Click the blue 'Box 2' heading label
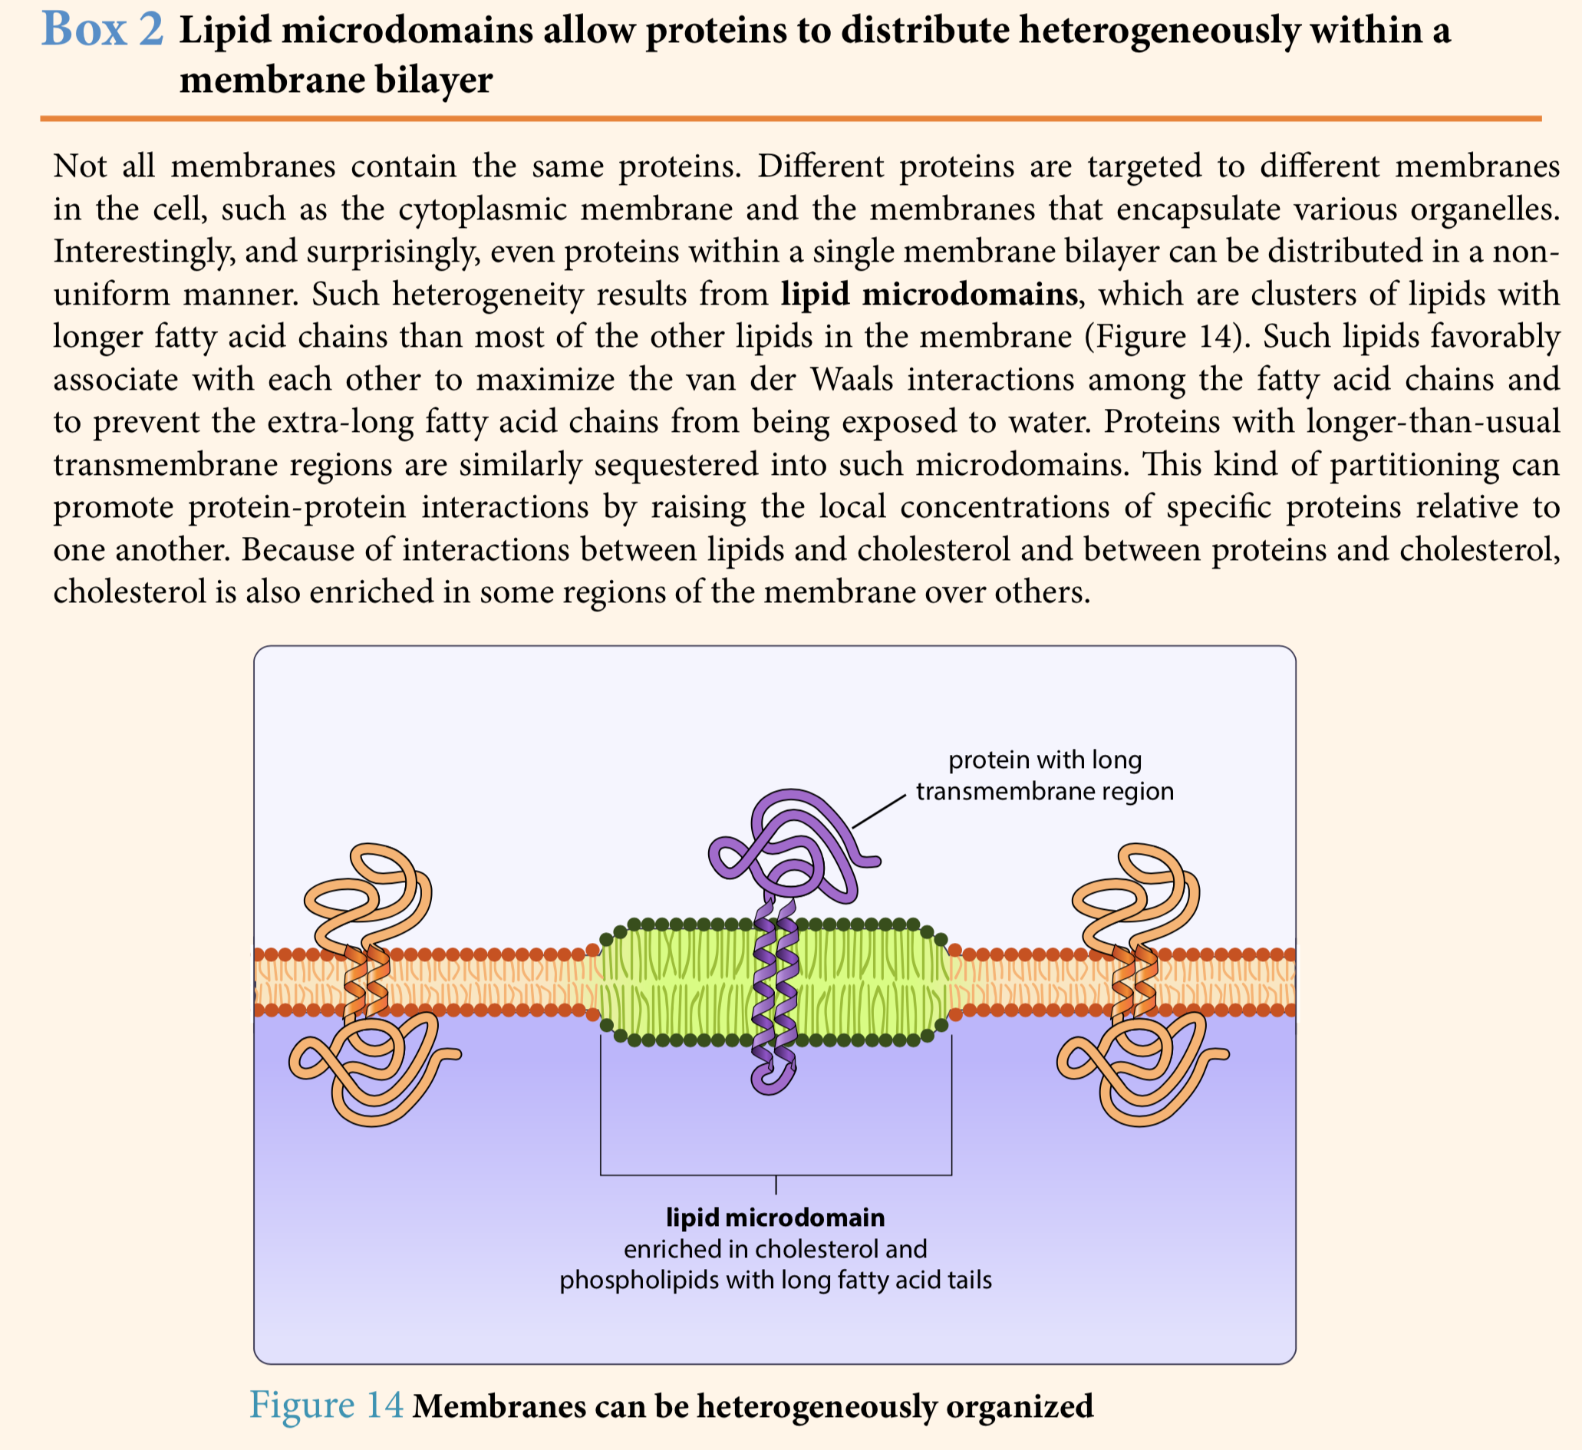coord(103,29)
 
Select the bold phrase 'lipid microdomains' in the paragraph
coord(929,295)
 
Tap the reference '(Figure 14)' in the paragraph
coord(1164,337)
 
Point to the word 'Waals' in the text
coord(852,379)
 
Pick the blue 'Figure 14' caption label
coord(326,1404)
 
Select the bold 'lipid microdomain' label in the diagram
coord(776,1217)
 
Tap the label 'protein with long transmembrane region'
coord(1044,775)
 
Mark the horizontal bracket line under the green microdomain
coord(776,1175)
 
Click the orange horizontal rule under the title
coord(791,118)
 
